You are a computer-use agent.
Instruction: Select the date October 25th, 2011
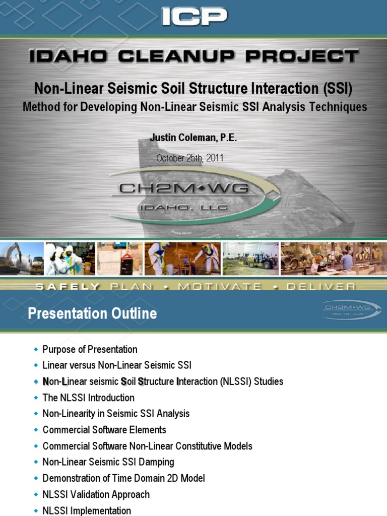(x=189, y=158)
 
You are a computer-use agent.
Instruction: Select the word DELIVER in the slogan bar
(x=320, y=287)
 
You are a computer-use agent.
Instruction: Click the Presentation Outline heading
(x=92, y=314)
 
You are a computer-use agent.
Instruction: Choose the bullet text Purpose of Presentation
(x=90, y=349)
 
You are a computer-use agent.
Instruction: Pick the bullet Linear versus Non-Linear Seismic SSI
(x=117, y=365)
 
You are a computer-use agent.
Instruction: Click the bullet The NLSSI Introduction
(x=88, y=398)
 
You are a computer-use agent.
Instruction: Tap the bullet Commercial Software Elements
(x=104, y=430)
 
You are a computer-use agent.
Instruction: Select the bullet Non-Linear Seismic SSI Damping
(x=108, y=462)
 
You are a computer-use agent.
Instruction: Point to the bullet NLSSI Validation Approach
(x=96, y=494)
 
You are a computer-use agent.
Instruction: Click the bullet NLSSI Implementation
(x=87, y=510)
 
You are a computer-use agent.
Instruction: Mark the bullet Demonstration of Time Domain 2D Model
(x=123, y=478)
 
